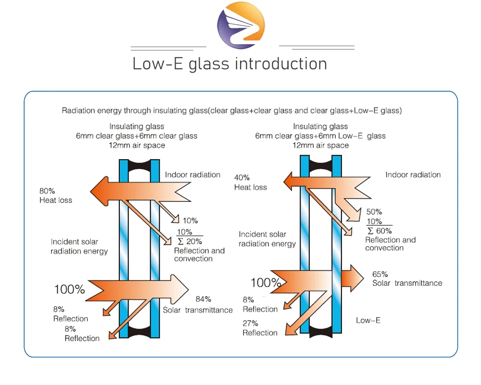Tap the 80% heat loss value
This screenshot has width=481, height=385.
(47, 191)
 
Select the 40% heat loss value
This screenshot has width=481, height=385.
(242, 178)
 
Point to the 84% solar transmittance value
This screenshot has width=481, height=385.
(203, 299)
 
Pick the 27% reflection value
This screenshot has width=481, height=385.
(251, 323)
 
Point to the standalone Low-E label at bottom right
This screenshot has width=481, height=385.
(368, 320)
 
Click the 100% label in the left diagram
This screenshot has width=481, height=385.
(69, 289)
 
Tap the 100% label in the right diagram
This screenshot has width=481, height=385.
(266, 283)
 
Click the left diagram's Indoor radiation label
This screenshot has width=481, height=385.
(192, 174)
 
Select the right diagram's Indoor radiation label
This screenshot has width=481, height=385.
(413, 174)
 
